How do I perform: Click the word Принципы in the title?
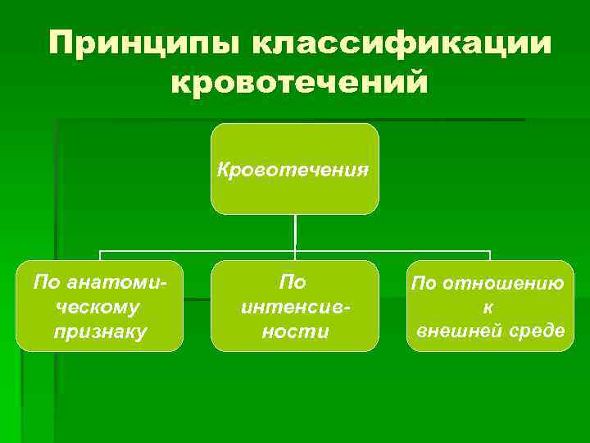coord(142,44)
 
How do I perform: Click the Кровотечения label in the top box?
coord(294,170)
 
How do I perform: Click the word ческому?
coord(99,307)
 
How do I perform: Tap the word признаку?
coord(99,331)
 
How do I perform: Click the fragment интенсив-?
coord(294,307)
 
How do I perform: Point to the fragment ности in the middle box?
coord(294,331)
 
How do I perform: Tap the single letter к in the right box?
coord(489,307)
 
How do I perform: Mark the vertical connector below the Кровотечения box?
coord(295,232)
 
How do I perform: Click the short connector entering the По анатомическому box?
coord(100,255)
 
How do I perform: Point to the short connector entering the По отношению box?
coord(489,255)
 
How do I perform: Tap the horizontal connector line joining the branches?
coord(197,251)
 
